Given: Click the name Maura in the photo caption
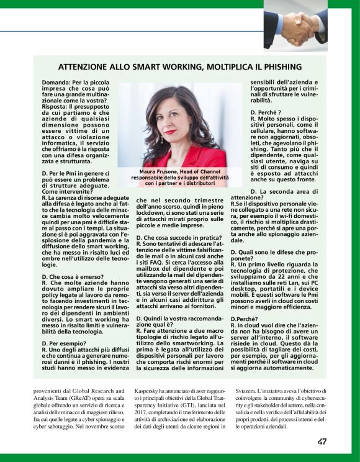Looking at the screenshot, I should tap(153, 171).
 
